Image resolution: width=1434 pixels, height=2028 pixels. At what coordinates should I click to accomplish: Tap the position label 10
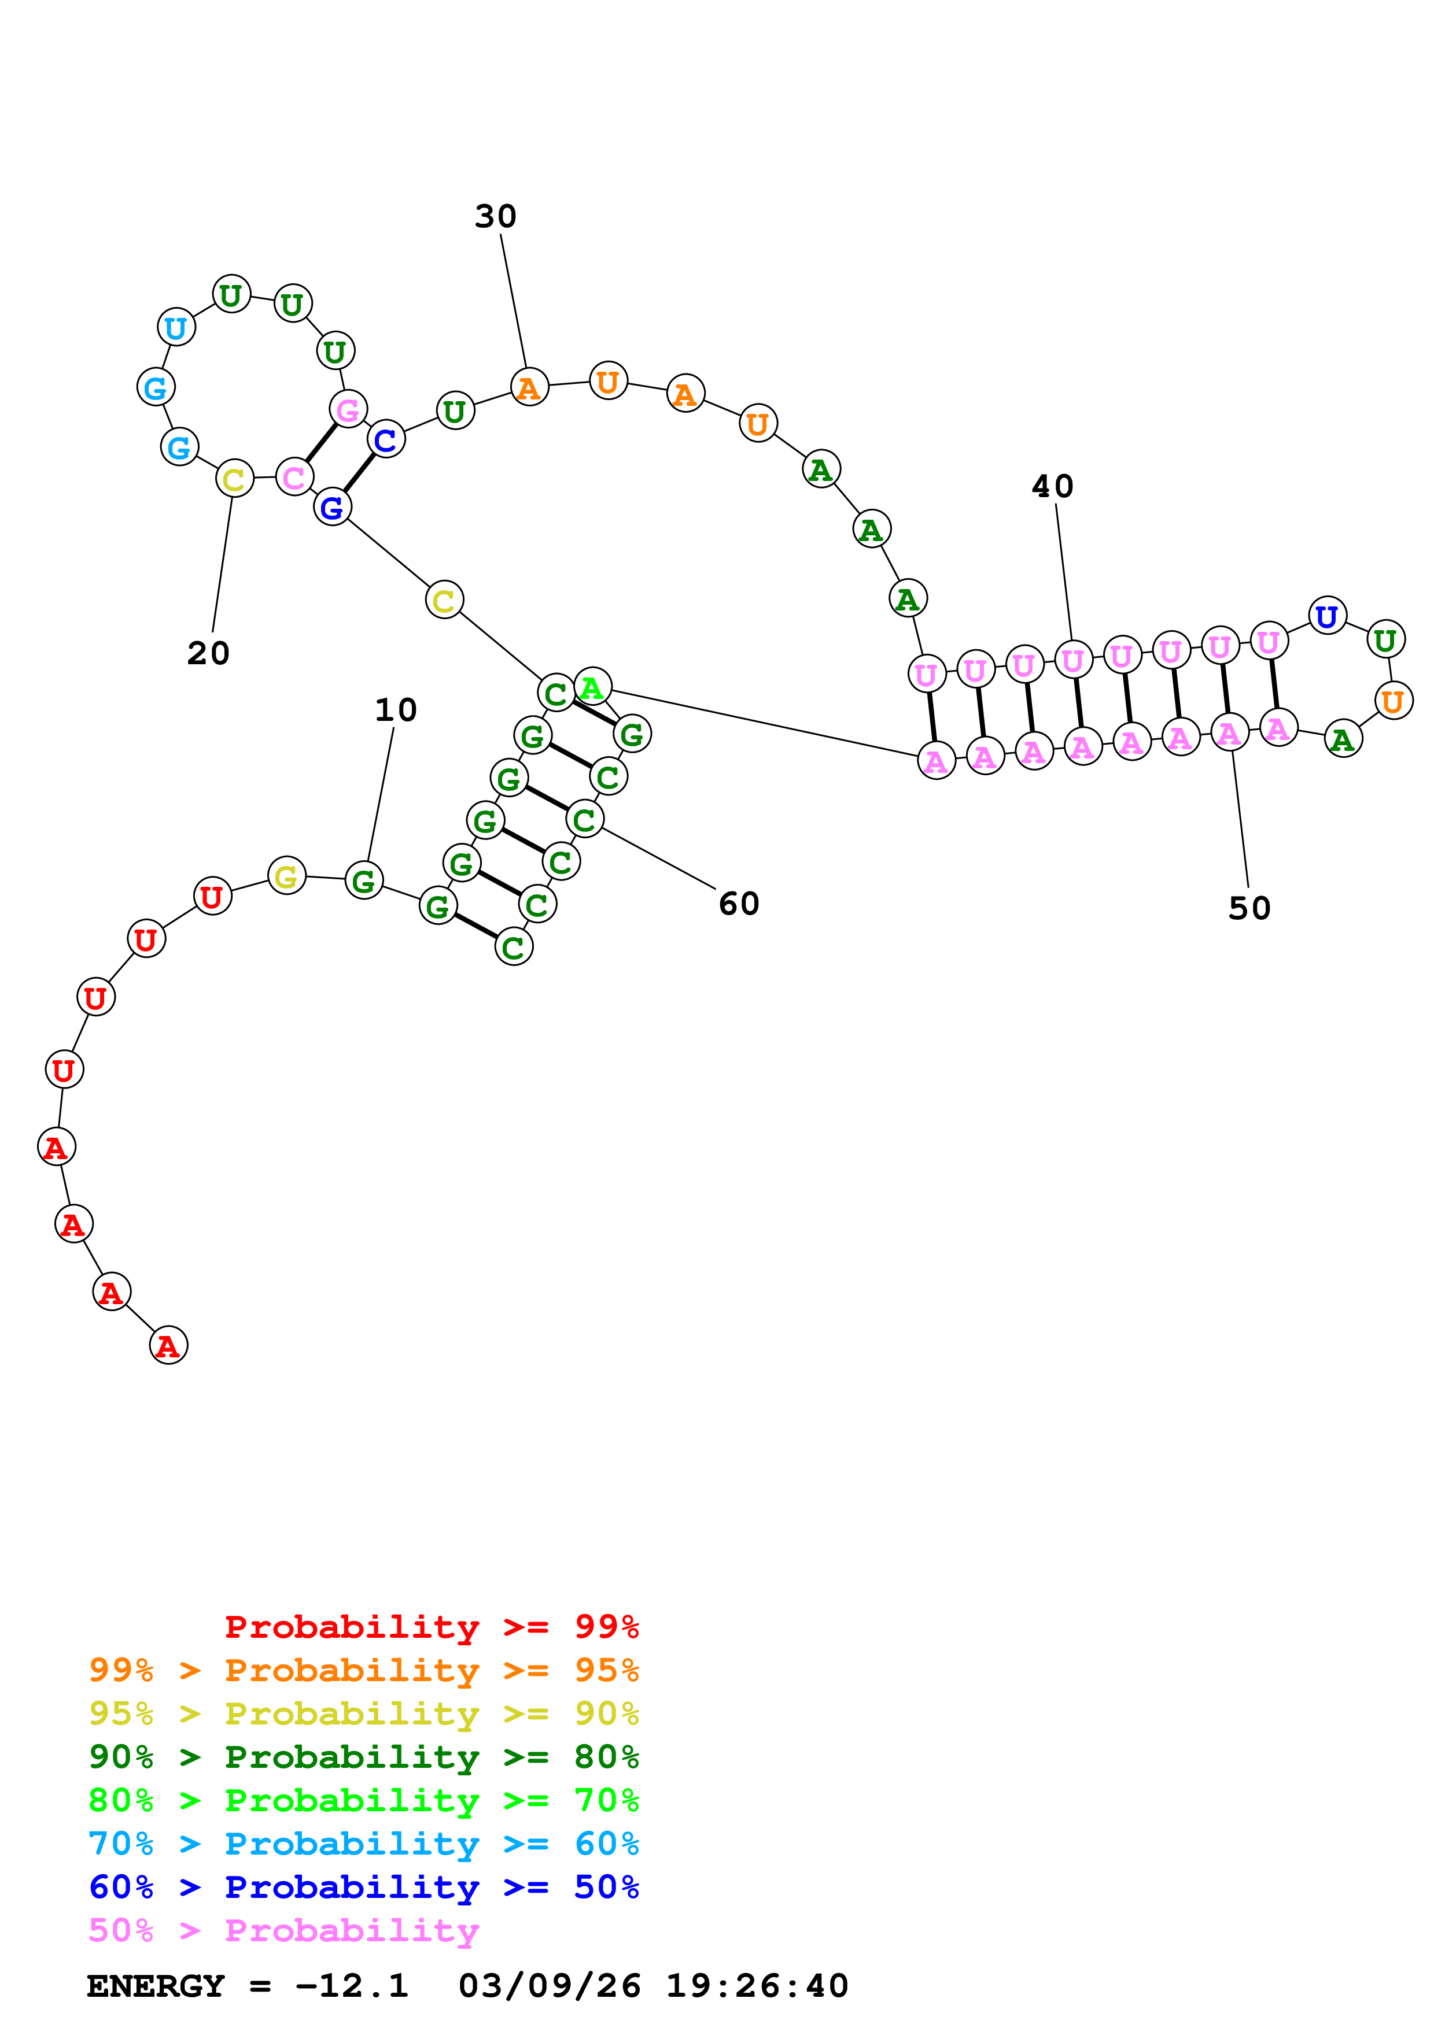[x=395, y=709]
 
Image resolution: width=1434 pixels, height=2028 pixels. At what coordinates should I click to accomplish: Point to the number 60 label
[x=739, y=904]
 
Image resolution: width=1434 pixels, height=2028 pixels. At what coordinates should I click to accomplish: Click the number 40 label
[x=1052, y=486]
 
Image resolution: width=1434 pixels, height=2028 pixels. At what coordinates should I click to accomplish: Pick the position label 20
[x=208, y=654]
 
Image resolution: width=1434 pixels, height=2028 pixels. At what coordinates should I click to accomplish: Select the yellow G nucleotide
[x=286, y=876]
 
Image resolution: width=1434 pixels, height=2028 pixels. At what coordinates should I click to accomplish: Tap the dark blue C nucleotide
[x=386, y=439]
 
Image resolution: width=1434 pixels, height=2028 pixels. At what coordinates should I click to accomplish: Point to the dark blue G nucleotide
[x=332, y=507]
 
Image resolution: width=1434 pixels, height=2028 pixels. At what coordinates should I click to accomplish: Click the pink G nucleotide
[x=348, y=409]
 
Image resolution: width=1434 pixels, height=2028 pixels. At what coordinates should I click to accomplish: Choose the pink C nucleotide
[x=293, y=477]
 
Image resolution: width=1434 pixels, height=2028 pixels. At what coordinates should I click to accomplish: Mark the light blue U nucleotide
[x=176, y=328]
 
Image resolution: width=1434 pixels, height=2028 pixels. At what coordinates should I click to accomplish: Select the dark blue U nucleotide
[x=1326, y=616]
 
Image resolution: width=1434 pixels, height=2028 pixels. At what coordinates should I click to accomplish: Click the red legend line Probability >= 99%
[x=431, y=1627]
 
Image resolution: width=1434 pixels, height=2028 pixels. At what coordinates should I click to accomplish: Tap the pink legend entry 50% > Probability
[x=283, y=1931]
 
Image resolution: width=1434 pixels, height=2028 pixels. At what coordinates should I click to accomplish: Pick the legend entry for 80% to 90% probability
[x=363, y=1757]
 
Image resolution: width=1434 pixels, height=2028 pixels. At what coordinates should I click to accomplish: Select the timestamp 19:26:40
[x=756, y=1986]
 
